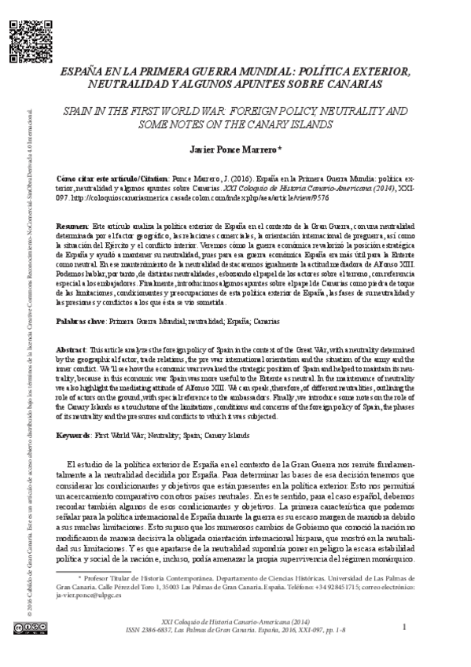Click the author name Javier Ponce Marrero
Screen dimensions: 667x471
233,147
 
